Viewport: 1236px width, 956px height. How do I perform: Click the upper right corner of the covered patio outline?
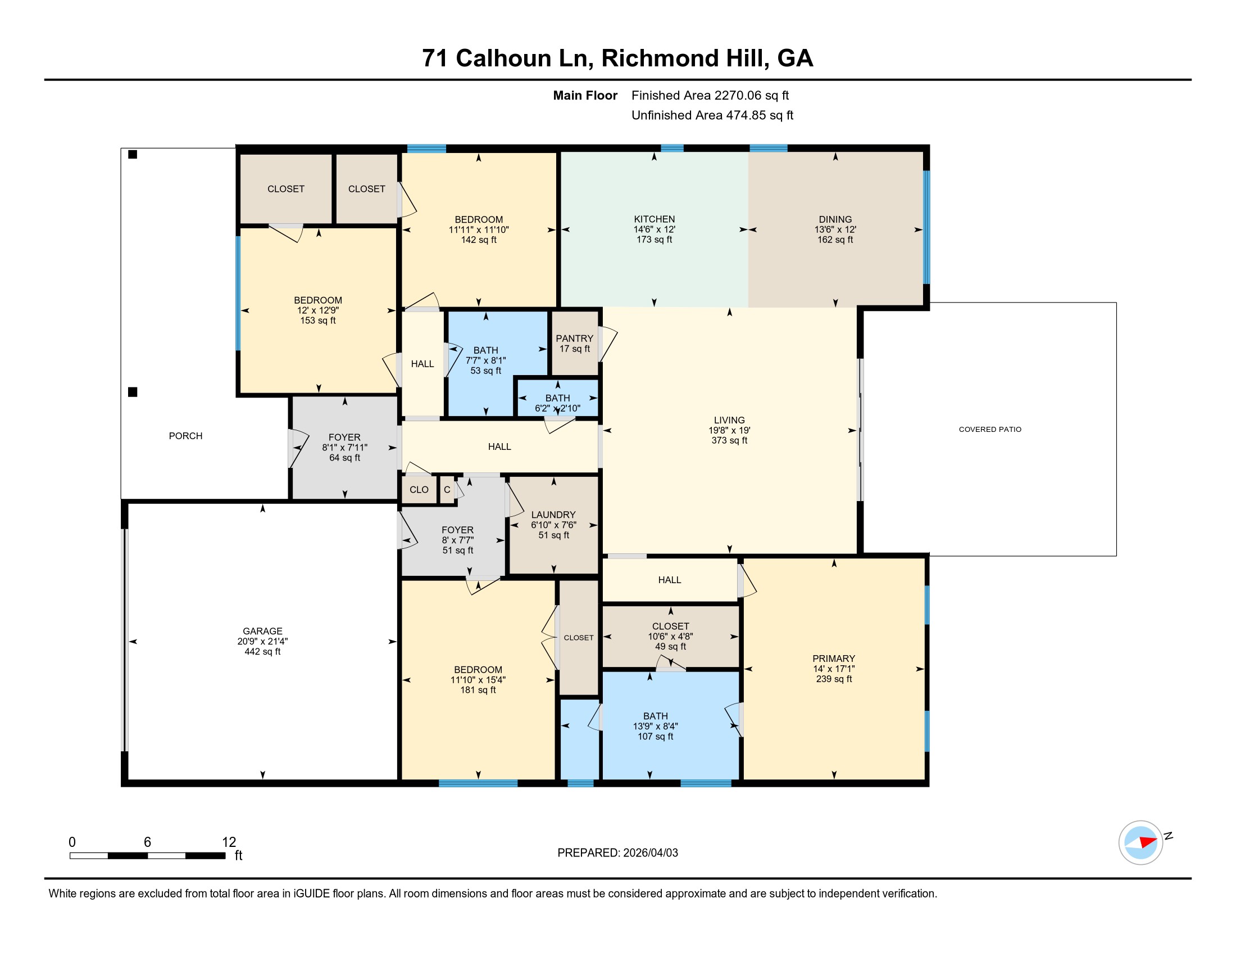tap(1116, 303)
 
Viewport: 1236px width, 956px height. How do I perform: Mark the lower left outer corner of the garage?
tap(122, 786)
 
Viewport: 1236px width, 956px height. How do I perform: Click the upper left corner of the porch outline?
tap(121, 148)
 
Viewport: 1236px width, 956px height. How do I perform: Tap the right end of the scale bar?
tap(225, 855)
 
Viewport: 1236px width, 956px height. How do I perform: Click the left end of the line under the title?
tap(45, 80)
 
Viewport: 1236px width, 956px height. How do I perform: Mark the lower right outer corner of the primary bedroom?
tap(928, 786)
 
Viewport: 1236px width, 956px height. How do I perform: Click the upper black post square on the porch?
tap(133, 154)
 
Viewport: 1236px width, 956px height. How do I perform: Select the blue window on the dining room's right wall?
tap(926, 227)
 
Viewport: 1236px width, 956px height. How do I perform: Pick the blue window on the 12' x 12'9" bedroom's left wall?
tap(238, 293)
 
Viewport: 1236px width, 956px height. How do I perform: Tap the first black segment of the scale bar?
tap(128, 855)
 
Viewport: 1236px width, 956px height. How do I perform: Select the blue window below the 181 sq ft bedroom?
tap(478, 783)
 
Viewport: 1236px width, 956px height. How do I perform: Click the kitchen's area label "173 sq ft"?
tap(654, 240)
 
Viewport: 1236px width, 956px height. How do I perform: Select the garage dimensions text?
tap(262, 641)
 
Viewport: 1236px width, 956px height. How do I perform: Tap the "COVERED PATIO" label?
tap(990, 429)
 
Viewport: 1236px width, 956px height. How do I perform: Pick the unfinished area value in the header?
tap(760, 115)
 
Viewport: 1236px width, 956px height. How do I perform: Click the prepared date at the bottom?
tap(650, 853)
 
